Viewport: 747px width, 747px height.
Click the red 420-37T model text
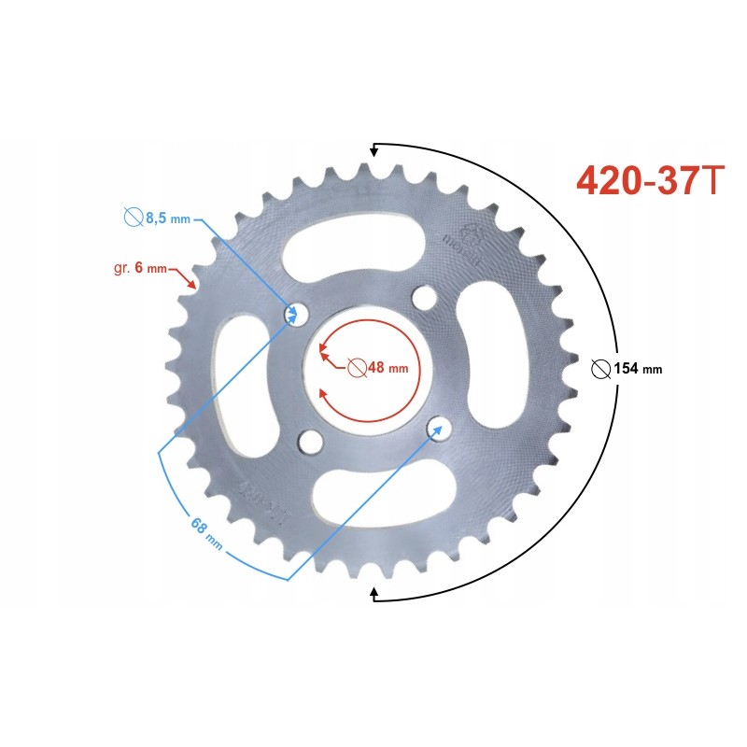[x=649, y=181]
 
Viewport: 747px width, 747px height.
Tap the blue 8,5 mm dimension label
[x=167, y=218]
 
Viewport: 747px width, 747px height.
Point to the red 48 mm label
[x=388, y=367]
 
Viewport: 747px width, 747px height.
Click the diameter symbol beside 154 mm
[x=600, y=368]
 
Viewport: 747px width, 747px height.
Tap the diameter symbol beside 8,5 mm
[x=133, y=218]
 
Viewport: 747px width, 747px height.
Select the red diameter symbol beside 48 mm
[x=357, y=367]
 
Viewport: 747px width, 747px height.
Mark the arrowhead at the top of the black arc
[x=375, y=148]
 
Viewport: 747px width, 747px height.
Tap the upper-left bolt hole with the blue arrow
[x=297, y=313]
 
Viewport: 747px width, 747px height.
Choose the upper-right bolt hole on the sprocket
[x=425, y=299]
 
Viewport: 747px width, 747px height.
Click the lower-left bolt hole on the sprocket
[x=310, y=441]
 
